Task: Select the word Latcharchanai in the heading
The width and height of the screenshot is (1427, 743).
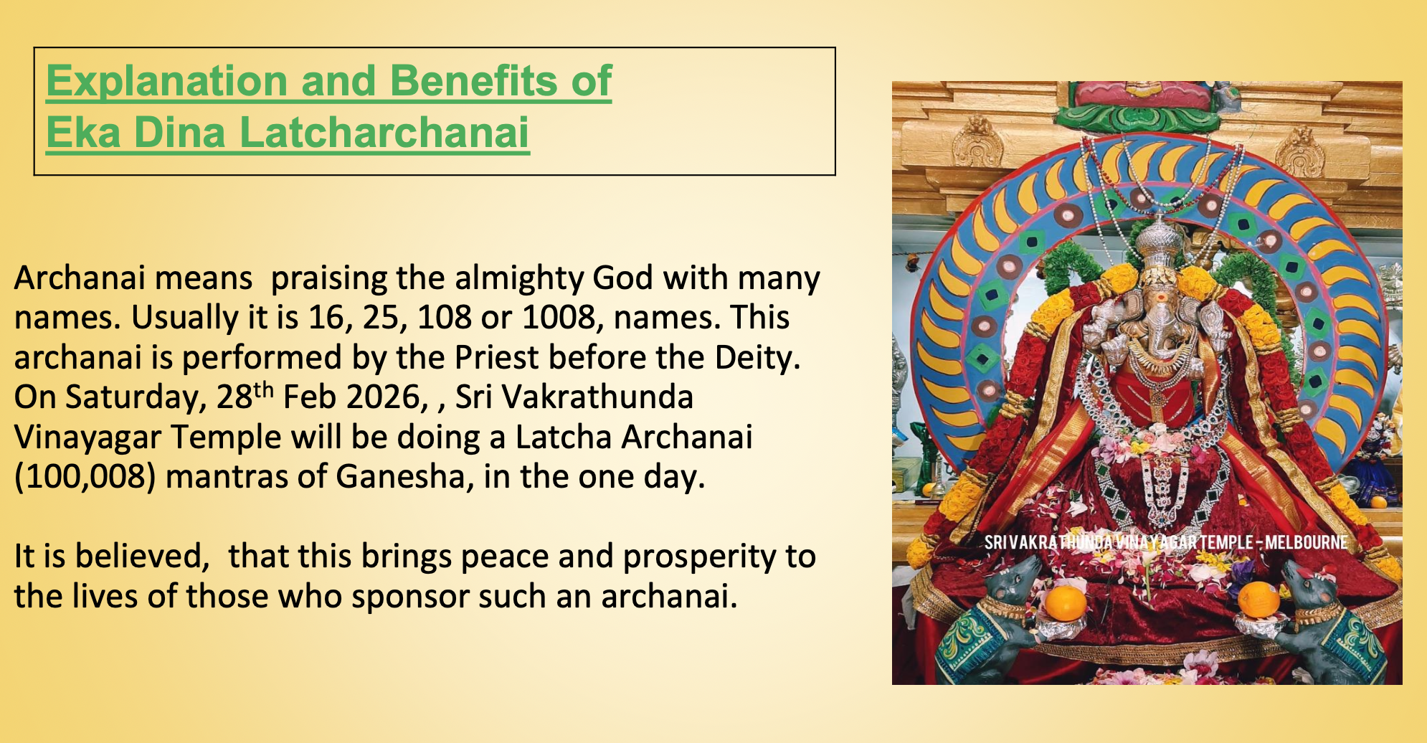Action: click(x=384, y=133)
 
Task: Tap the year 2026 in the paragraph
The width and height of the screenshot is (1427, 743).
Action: click(x=387, y=397)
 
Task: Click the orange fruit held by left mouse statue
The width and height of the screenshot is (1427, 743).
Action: click(x=1065, y=603)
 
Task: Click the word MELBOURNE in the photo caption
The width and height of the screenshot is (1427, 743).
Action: click(x=1306, y=543)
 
